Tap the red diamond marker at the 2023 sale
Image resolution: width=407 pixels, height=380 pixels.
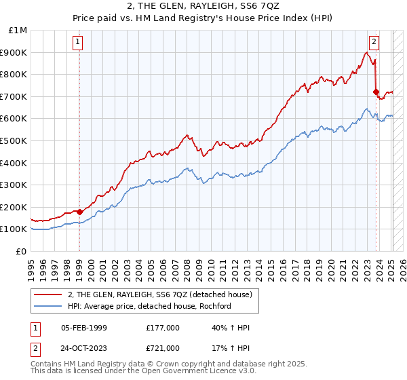[375, 92]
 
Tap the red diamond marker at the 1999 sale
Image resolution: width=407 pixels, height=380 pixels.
[79, 212]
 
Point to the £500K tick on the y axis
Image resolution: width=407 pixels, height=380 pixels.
[14, 140]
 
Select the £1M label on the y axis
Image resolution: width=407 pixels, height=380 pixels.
[18, 31]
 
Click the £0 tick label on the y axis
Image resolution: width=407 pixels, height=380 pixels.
[22, 251]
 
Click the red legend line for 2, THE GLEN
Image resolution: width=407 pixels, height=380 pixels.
[48, 294]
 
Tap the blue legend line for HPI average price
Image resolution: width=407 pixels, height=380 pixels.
[48, 306]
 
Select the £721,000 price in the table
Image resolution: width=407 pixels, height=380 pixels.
[163, 348]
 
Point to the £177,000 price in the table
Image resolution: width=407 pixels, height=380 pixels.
[163, 328]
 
